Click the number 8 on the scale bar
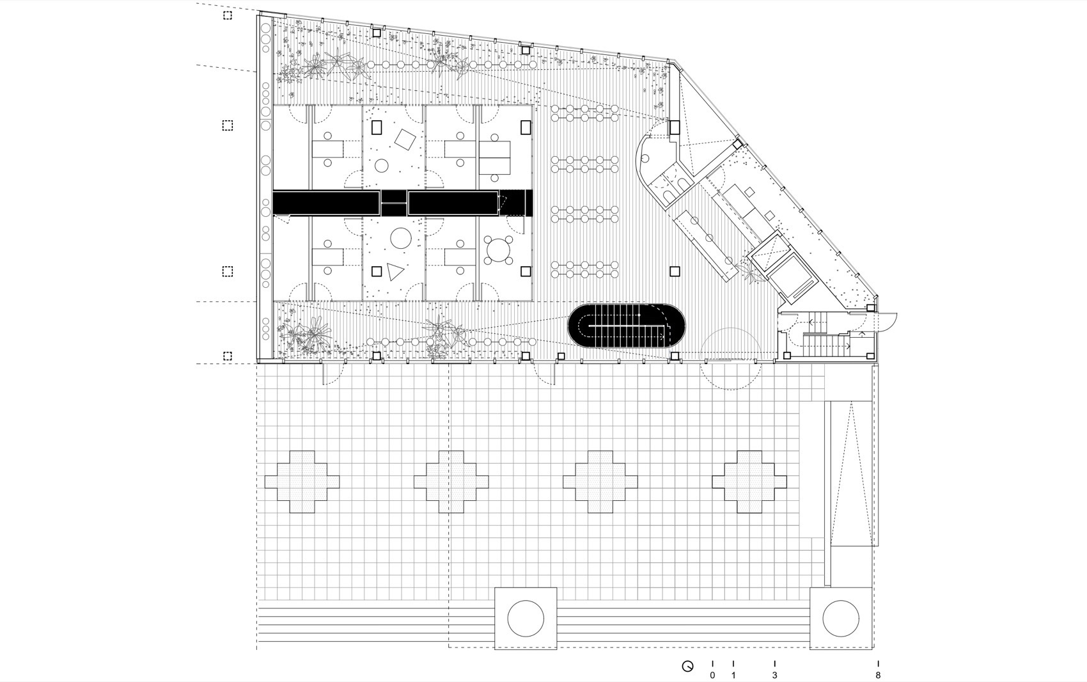point(878,675)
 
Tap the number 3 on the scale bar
point(774,675)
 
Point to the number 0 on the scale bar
point(712,675)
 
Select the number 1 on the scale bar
point(733,675)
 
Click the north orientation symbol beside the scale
point(687,667)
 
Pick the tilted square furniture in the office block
point(405,140)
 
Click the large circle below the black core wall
point(401,238)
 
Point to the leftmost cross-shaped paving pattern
point(302,481)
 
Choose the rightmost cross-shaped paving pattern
point(750,481)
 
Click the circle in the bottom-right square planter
point(841,618)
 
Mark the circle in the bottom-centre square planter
point(526,618)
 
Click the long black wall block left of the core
point(326,202)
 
